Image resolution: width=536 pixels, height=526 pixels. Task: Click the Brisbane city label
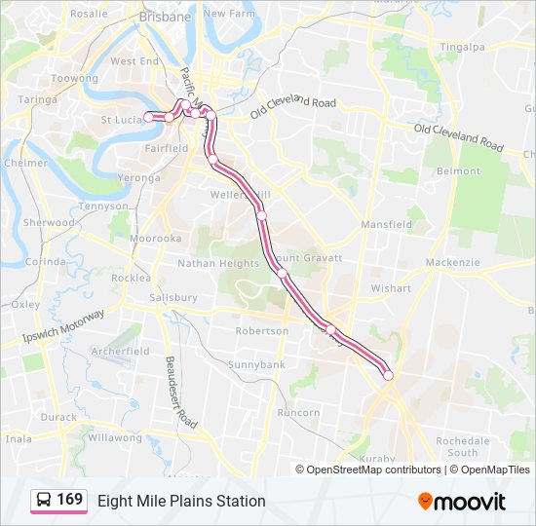point(165,17)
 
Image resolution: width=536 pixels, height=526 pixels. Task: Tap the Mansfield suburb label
point(386,224)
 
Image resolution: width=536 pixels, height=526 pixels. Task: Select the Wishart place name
point(391,288)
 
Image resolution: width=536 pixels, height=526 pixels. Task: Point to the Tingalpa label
point(462,46)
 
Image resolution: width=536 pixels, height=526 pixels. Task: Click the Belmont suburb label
point(458,170)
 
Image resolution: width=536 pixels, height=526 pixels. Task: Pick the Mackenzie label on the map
point(453,262)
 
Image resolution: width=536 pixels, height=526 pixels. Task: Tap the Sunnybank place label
point(256,364)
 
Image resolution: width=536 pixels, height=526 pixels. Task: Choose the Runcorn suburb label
point(298,412)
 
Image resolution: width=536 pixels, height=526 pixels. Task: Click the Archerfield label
point(120,351)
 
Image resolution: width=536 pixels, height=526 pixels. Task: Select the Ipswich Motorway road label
point(63,325)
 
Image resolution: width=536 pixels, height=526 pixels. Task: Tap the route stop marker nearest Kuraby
point(388,375)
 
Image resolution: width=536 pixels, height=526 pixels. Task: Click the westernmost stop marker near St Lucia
point(149,117)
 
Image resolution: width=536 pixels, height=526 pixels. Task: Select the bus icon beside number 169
point(44,501)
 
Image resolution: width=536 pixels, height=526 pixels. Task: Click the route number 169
point(70,500)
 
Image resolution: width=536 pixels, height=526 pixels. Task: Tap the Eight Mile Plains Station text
point(181,501)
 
